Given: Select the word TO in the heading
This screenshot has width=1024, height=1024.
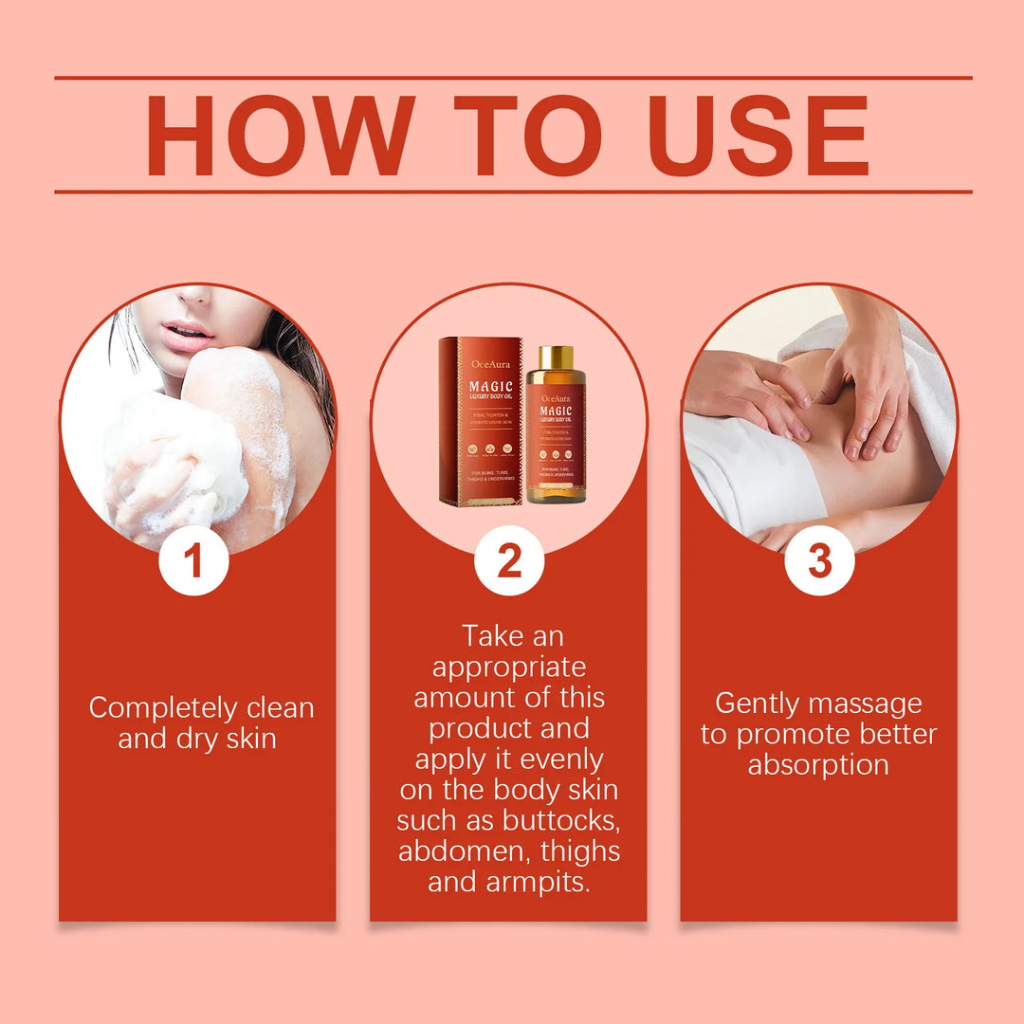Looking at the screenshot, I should coord(526,135).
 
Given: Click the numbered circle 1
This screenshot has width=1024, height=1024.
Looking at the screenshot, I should coord(193,560).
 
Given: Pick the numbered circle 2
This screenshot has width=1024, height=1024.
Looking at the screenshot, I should coord(509,560).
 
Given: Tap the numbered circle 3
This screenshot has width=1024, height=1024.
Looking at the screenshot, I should coord(819,560).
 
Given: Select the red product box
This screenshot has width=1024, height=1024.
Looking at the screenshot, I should coord(481,421).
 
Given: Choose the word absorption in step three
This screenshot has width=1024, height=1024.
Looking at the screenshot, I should coord(818,765).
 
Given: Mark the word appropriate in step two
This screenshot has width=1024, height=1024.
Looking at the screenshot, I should coord(509,667).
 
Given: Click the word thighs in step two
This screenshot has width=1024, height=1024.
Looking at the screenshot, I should coord(576,850).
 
